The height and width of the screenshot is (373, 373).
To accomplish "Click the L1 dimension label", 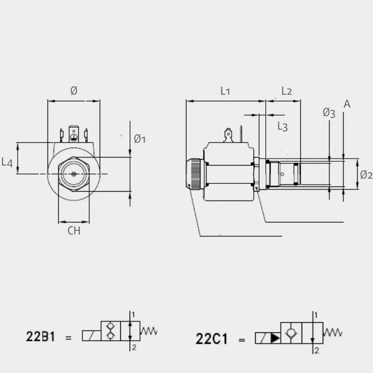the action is click(225, 91).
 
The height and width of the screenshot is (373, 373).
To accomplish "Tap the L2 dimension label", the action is click(286, 91).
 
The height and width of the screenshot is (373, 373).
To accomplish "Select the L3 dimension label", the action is click(283, 126).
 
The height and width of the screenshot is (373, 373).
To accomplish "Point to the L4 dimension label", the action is click(7, 162).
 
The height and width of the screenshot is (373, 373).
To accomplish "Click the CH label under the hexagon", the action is click(74, 231).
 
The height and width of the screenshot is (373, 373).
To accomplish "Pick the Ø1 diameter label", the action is click(139, 139).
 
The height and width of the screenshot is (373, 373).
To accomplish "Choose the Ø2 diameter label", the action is click(366, 175).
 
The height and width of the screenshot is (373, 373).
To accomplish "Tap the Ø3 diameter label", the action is click(329, 113).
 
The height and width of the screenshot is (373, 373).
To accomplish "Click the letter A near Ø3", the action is click(347, 104).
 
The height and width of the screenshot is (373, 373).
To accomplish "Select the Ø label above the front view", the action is click(74, 90).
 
